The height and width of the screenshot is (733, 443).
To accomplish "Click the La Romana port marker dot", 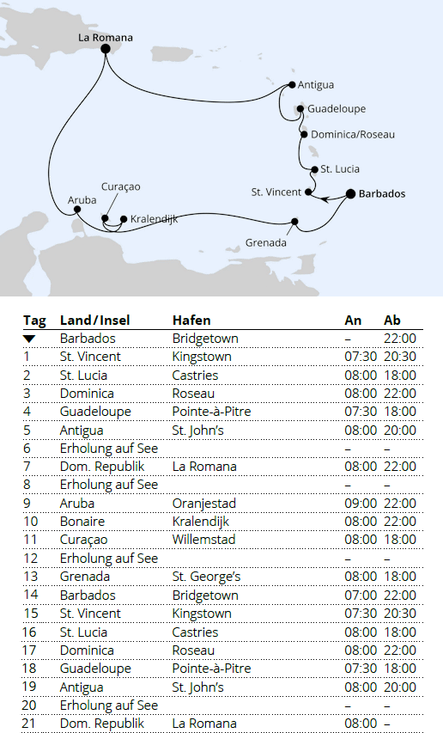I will point(106,49).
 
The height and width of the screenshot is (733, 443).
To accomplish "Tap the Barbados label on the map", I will point(382,194).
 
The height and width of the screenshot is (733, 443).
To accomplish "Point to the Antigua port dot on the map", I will point(292,85).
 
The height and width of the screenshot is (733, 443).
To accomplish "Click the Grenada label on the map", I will point(264,242).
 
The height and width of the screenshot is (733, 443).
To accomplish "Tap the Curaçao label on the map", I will point(120,186).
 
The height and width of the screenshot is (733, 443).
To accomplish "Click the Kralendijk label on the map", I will point(155,220).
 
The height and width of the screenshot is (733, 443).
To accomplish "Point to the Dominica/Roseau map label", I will point(353,135).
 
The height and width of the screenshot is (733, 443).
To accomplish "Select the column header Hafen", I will point(191,320).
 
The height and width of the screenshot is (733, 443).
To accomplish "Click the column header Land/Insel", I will point(94,320).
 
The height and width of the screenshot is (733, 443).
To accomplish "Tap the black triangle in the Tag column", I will point(29,339).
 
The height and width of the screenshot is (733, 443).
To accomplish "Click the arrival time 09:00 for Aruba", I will point(360,504).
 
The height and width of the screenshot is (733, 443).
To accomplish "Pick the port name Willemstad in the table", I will point(204,540).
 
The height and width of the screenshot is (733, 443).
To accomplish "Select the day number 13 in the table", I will point(30,577).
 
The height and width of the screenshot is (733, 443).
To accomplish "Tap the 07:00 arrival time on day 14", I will point(360,596).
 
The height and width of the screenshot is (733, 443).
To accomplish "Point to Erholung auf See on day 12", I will point(109,559).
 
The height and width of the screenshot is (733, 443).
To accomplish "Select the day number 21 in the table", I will point(30,724).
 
